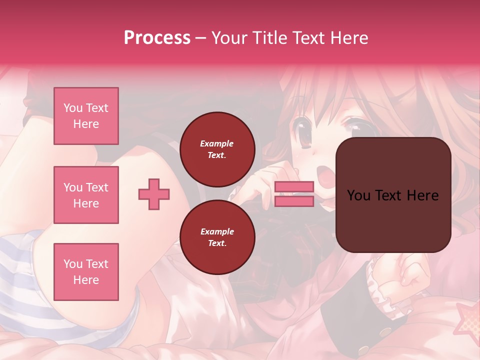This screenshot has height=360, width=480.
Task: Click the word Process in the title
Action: click(157, 38)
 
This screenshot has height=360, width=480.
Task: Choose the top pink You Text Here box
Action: click(86, 116)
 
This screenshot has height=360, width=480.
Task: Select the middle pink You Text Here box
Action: click(86, 195)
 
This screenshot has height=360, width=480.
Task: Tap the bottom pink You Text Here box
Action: click(86, 271)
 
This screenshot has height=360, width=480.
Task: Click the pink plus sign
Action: click(154, 194)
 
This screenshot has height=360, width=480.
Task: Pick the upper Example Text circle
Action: click(217, 149)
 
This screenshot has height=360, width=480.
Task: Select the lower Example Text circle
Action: click(217, 237)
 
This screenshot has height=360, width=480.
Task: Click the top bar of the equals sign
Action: click(294, 186)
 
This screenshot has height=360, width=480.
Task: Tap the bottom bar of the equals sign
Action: click(294, 201)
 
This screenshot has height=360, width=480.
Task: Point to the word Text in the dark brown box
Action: click(393, 195)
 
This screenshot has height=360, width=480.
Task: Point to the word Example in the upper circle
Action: click(217, 143)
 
